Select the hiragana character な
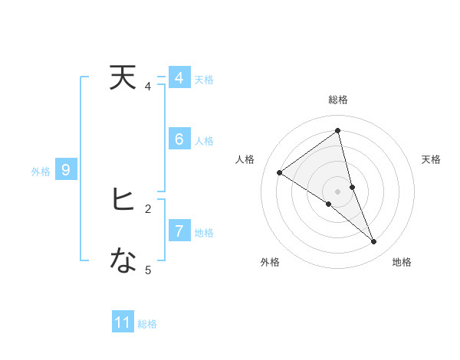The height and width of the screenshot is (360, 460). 123,262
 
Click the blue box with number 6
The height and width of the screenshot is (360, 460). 179,139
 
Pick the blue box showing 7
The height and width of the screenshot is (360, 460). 179,231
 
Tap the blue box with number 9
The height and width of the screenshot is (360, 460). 66,170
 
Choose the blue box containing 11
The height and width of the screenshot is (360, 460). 123,322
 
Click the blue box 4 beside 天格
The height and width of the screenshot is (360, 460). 179,78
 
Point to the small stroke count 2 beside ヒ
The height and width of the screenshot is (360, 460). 148,208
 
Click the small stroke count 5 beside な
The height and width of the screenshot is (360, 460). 148,270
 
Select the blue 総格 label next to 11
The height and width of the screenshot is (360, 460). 147,324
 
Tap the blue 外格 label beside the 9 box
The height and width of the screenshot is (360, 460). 41,172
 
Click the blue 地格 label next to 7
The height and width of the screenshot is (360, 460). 204,233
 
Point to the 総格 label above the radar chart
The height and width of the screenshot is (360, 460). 338,100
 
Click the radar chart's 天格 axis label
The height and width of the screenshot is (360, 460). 432,159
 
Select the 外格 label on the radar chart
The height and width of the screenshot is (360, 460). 270,262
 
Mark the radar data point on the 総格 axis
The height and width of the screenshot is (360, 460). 338,130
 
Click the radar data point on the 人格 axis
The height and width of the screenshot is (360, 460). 280,172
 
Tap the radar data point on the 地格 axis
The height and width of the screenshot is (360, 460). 374,241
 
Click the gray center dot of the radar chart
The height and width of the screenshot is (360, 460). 338,191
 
